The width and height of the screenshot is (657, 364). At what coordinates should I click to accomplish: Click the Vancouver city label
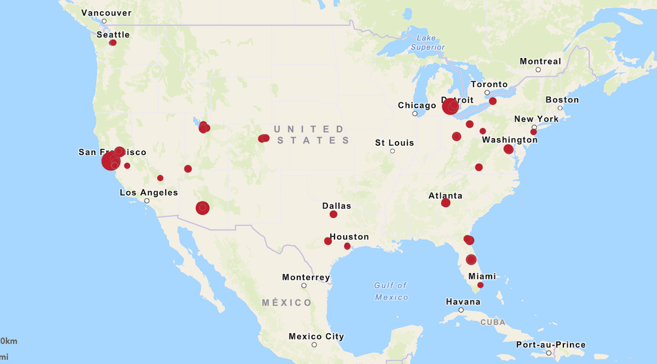[x=106, y=13]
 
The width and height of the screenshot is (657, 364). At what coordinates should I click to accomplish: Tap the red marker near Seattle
[x=113, y=43]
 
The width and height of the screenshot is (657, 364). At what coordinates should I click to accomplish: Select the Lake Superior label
[x=428, y=43]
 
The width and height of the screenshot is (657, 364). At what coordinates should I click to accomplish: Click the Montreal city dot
[x=538, y=70]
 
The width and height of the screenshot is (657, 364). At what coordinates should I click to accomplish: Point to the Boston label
[x=562, y=100]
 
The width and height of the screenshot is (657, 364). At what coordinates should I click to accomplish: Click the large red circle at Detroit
[x=450, y=106]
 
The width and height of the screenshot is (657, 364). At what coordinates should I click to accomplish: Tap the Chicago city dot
[x=414, y=114]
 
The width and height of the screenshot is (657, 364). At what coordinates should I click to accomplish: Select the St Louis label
[x=394, y=143]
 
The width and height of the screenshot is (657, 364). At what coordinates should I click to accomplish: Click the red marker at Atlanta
[x=445, y=203]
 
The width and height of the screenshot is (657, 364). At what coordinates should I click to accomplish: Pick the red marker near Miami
[x=480, y=285]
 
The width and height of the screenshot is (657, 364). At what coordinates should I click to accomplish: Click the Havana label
[x=463, y=302]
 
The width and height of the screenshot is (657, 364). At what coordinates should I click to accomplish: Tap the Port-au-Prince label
[x=551, y=345]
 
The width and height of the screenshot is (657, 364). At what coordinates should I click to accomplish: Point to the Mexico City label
[x=316, y=337]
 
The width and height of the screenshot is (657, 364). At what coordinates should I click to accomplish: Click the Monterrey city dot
[x=304, y=286]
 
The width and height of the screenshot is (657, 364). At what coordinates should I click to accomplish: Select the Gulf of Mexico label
[x=391, y=291]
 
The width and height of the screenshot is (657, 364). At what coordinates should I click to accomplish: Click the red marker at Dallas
[x=333, y=215]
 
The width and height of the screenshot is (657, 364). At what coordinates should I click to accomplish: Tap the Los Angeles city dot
[x=147, y=201]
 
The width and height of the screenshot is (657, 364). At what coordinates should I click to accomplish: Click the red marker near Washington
[x=508, y=149]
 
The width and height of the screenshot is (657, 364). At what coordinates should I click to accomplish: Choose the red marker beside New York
[x=533, y=132]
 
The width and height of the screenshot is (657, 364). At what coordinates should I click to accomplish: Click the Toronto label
[x=489, y=84]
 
